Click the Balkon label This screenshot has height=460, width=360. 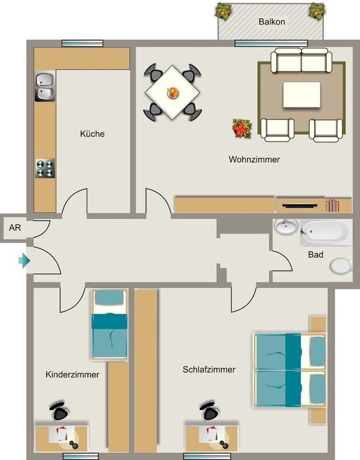pos(272,22)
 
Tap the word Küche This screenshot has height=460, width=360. pos(92,134)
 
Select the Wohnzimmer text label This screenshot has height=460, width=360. pos(254,159)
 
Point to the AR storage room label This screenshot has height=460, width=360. pos(15,228)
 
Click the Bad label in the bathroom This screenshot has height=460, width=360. pos(316,254)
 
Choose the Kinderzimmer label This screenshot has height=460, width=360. pos(72,375)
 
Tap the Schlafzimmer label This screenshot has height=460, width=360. pos(209,369)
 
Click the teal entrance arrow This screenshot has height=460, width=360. pos(25,260)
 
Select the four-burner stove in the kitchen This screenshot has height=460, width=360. pos(45,168)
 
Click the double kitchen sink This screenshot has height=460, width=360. pos(45,86)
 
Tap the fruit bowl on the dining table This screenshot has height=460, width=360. pos(173,93)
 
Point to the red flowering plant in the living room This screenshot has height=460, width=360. pos(242,128)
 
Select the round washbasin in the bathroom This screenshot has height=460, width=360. pos(286,227)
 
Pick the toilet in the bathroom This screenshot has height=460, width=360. pos(341,266)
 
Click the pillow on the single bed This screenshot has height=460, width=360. pos(109,297)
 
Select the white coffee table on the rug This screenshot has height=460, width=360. pos(302,95)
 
